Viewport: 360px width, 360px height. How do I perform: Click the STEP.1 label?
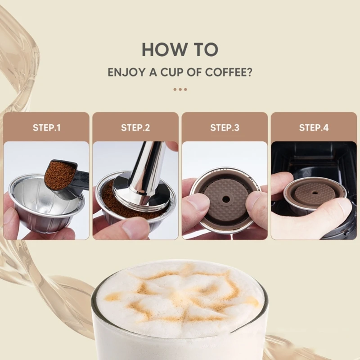46,128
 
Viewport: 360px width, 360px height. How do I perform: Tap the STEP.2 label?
135,128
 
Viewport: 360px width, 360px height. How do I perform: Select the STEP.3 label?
225,128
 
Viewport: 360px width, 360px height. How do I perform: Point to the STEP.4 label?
314,128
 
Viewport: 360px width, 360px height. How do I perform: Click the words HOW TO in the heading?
180,49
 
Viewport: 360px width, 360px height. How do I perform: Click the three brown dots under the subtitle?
180,89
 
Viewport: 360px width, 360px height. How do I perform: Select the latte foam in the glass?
180,297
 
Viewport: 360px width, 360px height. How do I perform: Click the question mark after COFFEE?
249,72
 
